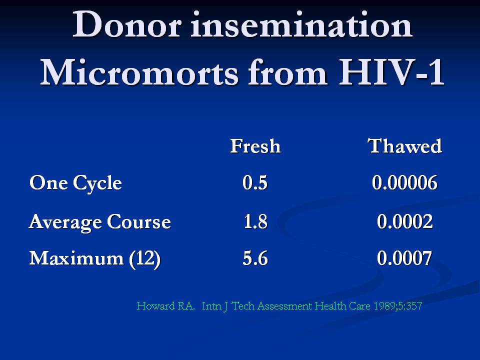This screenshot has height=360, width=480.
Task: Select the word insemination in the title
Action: tap(301, 24)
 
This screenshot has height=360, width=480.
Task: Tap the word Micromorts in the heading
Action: tap(139, 73)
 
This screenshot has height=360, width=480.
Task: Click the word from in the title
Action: tap(287, 73)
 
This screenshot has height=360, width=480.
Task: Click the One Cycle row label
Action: tap(75, 183)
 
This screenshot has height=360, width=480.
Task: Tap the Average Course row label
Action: tap(100, 222)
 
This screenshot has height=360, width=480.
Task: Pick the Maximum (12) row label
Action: tap(95, 259)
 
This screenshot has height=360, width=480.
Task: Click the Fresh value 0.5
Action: tap(255, 183)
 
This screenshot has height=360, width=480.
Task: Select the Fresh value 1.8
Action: tap(255, 221)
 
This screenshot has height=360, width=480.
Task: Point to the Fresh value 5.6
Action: tap(255, 258)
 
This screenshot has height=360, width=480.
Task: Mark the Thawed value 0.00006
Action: tap(404, 183)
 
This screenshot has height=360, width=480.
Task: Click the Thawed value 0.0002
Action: tap(404, 221)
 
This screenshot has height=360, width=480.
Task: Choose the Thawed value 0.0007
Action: tap(404, 258)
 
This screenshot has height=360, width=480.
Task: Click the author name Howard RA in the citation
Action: tap(165, 306)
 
